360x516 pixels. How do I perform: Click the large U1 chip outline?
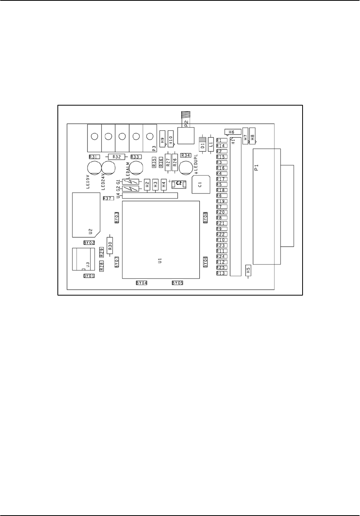161,239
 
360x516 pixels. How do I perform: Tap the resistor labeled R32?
117,157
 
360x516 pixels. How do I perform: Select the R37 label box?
108,198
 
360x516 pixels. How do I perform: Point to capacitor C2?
179,185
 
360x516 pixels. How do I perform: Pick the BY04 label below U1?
142,282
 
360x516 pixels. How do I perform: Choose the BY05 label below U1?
177,282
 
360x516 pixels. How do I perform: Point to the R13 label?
221,273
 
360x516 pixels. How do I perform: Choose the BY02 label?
89,243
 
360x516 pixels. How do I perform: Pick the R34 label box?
186,155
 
